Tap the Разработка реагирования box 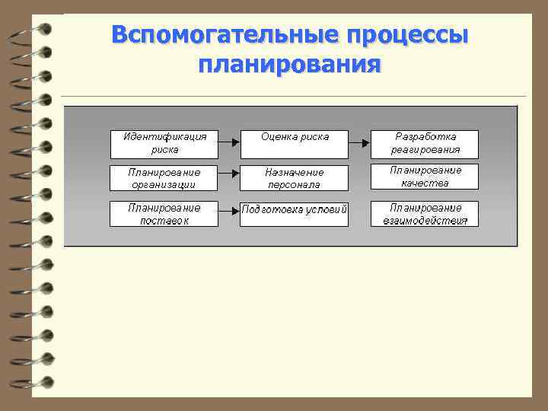click(x=425, y=143)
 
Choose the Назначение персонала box click(x=295, y=178)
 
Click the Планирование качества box click(x=425, y=177)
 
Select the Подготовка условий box click(x=295, y=214)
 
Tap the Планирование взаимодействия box click(x=425, y=214)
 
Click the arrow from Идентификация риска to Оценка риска click(x=229, y=142)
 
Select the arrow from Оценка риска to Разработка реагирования click(x=359, y=142)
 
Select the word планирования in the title click(x=288, y=64)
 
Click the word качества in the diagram click(x=425, y=183)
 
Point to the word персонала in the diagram click(x=295, y=185)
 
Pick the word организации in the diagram click(x=164, y=185)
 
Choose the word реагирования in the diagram click(x=426, y=150)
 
